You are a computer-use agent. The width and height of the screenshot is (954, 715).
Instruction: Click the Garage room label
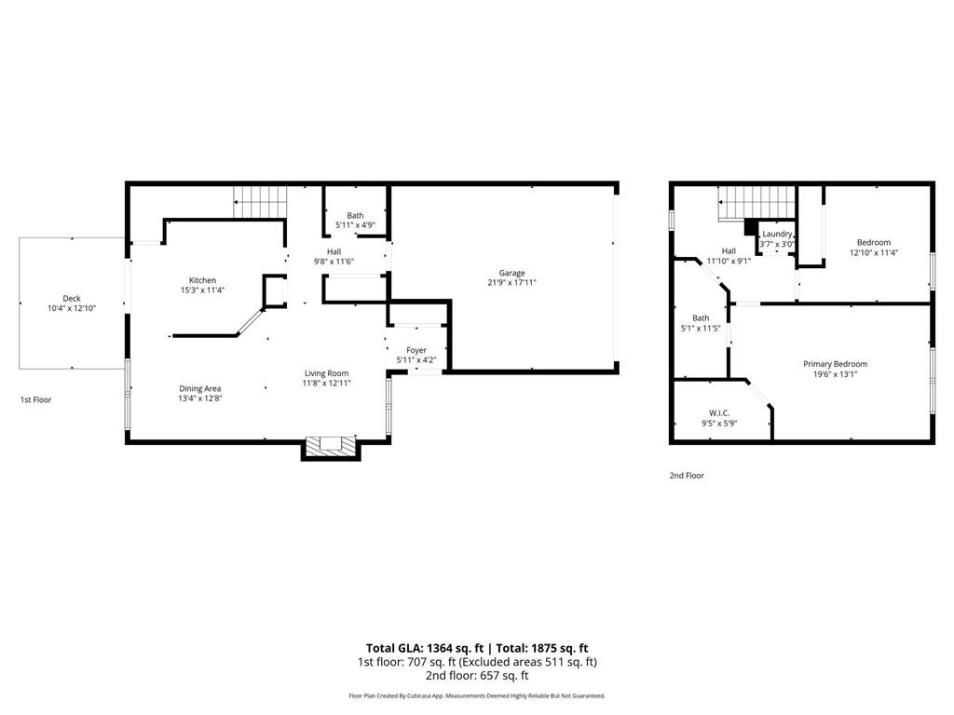click(511, 273)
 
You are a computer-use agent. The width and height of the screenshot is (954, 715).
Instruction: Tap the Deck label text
click(72, 299)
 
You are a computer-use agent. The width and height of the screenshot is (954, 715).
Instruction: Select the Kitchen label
click(202, 280)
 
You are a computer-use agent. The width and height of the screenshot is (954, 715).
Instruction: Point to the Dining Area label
click(200, 388)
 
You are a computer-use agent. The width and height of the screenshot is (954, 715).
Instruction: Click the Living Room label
click(325, 373)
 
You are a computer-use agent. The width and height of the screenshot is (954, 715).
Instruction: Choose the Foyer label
click(416, 350)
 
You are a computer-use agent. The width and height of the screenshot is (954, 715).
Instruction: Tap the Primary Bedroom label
click(835, 364)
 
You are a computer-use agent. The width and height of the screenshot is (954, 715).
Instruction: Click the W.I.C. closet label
click(718, 412)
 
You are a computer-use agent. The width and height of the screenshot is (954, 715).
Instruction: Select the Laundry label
click(777, 234)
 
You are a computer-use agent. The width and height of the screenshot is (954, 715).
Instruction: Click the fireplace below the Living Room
click(330, 447)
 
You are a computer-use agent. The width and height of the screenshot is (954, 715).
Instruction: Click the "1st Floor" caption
click(36, 399)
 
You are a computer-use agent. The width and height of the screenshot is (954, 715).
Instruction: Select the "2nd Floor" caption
click(687, 475)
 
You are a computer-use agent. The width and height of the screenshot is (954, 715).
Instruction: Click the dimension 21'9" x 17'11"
click(511, 283)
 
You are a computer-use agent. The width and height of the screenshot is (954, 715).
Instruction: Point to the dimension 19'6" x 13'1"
click(835, 374)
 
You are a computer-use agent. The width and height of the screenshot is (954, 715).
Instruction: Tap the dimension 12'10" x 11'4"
click(874, 252)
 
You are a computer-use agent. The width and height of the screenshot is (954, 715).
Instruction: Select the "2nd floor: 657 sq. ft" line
click(476, 676)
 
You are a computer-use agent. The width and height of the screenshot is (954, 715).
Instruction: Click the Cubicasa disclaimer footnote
click(476, 695)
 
